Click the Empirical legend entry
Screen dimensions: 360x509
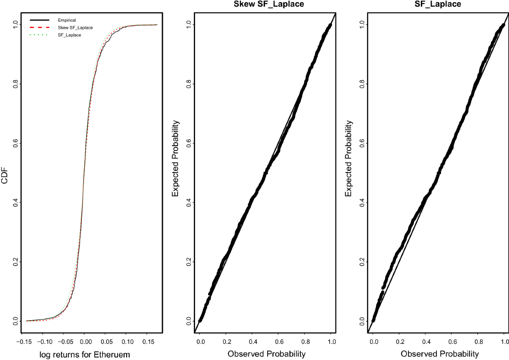(x=67, y=20)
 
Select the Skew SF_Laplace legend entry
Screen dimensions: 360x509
(x=76, y=28)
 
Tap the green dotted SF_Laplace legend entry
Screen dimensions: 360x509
(x=70, y=35)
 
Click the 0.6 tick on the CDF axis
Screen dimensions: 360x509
(x=15, y=143)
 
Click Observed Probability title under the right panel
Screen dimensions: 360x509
(x=440, y=354)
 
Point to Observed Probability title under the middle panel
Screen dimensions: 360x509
(x=266, y=354)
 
